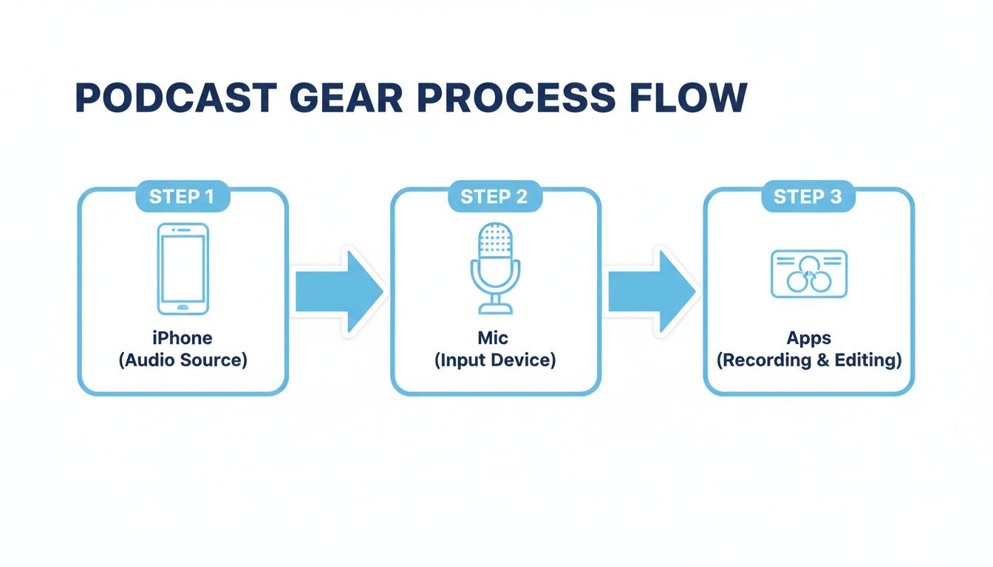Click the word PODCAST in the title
click(176, 98)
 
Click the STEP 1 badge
click(182, 197)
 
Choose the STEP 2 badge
click(494, 197)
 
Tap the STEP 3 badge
click(808, 197)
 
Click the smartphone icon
click(182, 269)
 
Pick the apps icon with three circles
click(808, 274)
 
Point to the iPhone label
click(182, 338)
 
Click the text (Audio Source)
click(182, 360)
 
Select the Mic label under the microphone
click(494, 338)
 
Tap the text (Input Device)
click(494, 360)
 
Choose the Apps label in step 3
click(808, 338)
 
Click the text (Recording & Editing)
click(808, 360)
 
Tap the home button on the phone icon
click(182, 306)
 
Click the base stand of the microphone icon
click(495, 309)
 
